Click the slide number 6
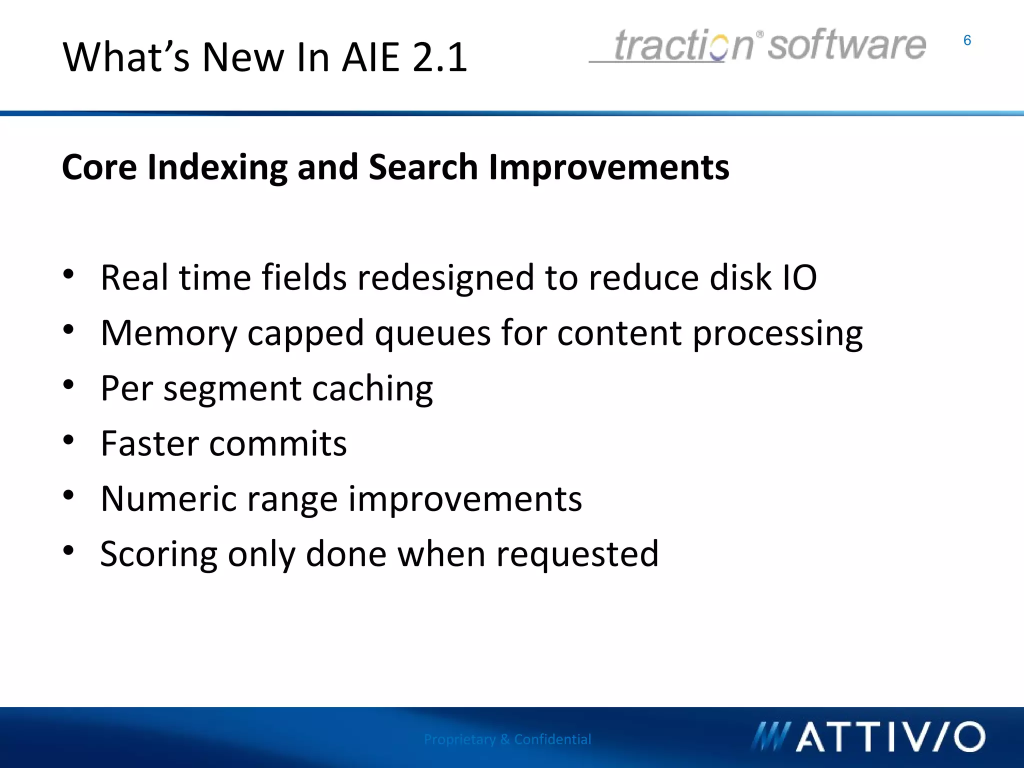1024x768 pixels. coord(967,40)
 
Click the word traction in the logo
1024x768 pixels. coord(683,45)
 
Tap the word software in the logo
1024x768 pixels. coord(846,45)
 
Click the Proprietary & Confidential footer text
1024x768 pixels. coord(507,739)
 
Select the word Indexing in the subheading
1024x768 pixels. coord(217,167)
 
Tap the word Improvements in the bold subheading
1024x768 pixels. coord(608,167)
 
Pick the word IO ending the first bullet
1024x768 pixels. coord(799,277)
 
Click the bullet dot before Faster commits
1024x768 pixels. coord(69,440)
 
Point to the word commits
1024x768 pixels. coord(277,443)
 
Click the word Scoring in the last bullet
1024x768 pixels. coord(158,554)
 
